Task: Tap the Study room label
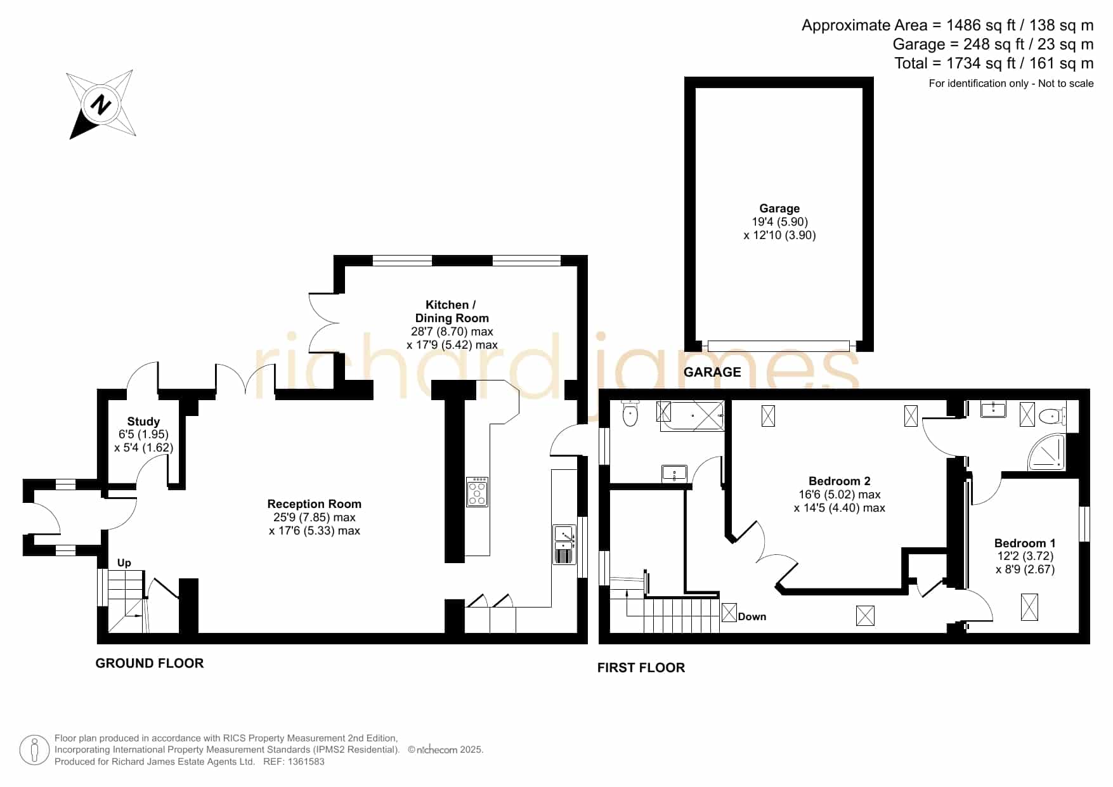click(143, 421)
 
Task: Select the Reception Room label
click(314, 504)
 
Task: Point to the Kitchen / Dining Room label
click(452, 311)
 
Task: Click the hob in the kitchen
click(477, 492)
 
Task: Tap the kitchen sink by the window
click(564, 544)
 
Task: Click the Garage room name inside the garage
click(779, 209)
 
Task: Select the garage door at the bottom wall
click(778, 346)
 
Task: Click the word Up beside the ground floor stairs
click(124, 563)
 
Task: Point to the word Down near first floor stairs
click(752, 616)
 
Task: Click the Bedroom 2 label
click(839, 481)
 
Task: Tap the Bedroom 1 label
click(1025, 543)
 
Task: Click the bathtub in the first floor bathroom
click(692, 416)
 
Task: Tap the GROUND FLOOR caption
click(150, 663)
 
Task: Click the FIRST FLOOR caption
click(641, 668)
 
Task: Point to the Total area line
click(994, 63)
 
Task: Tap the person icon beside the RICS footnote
click(34, 750)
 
